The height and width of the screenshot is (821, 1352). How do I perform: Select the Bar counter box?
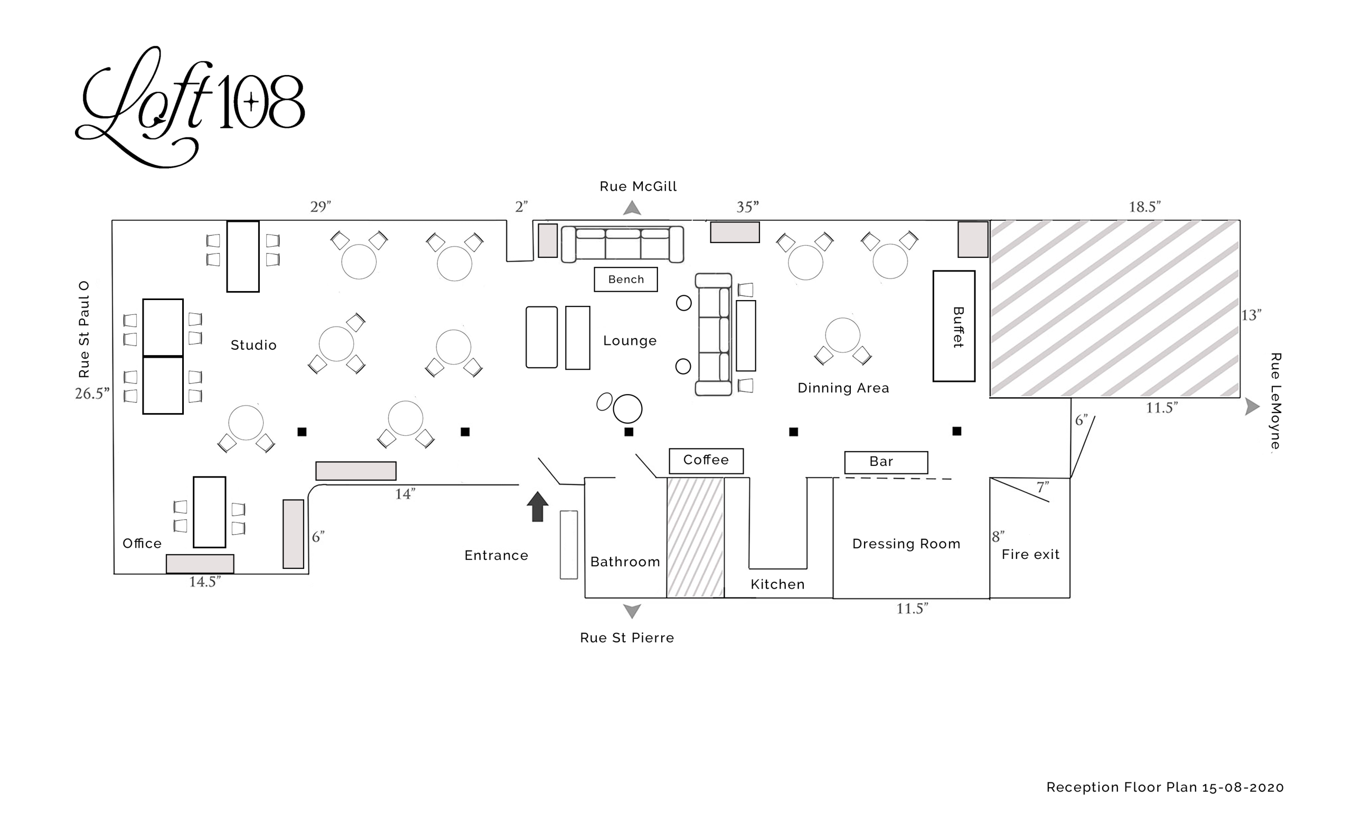coord(886,462)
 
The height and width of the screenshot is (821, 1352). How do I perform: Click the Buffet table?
coord(954,326)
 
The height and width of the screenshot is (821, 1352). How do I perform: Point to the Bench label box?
coord(625,279)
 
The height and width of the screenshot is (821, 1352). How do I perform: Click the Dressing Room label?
coord(906,544)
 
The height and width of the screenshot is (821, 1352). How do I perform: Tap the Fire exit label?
coord(1030,554)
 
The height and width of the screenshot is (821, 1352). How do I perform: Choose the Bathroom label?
coord(625,562)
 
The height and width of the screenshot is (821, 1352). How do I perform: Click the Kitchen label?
coord(777,584)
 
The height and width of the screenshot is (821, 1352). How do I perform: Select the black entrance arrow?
coord(537,506)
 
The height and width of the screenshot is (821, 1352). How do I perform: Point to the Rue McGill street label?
coord(637,186)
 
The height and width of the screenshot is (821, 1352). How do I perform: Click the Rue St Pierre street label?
coord(626,638)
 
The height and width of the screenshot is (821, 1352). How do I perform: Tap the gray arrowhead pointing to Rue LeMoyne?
coord(1252,407)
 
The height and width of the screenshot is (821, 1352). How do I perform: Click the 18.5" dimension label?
coord(1144,207)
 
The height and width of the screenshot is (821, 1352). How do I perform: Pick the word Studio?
coord(253,345)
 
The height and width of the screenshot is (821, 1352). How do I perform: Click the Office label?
coord(142,543)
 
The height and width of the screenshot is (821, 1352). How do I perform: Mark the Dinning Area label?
coord(843,388)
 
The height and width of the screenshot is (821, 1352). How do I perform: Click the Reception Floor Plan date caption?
coord(1165,787)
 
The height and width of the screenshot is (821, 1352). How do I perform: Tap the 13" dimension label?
coord(1251,315)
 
